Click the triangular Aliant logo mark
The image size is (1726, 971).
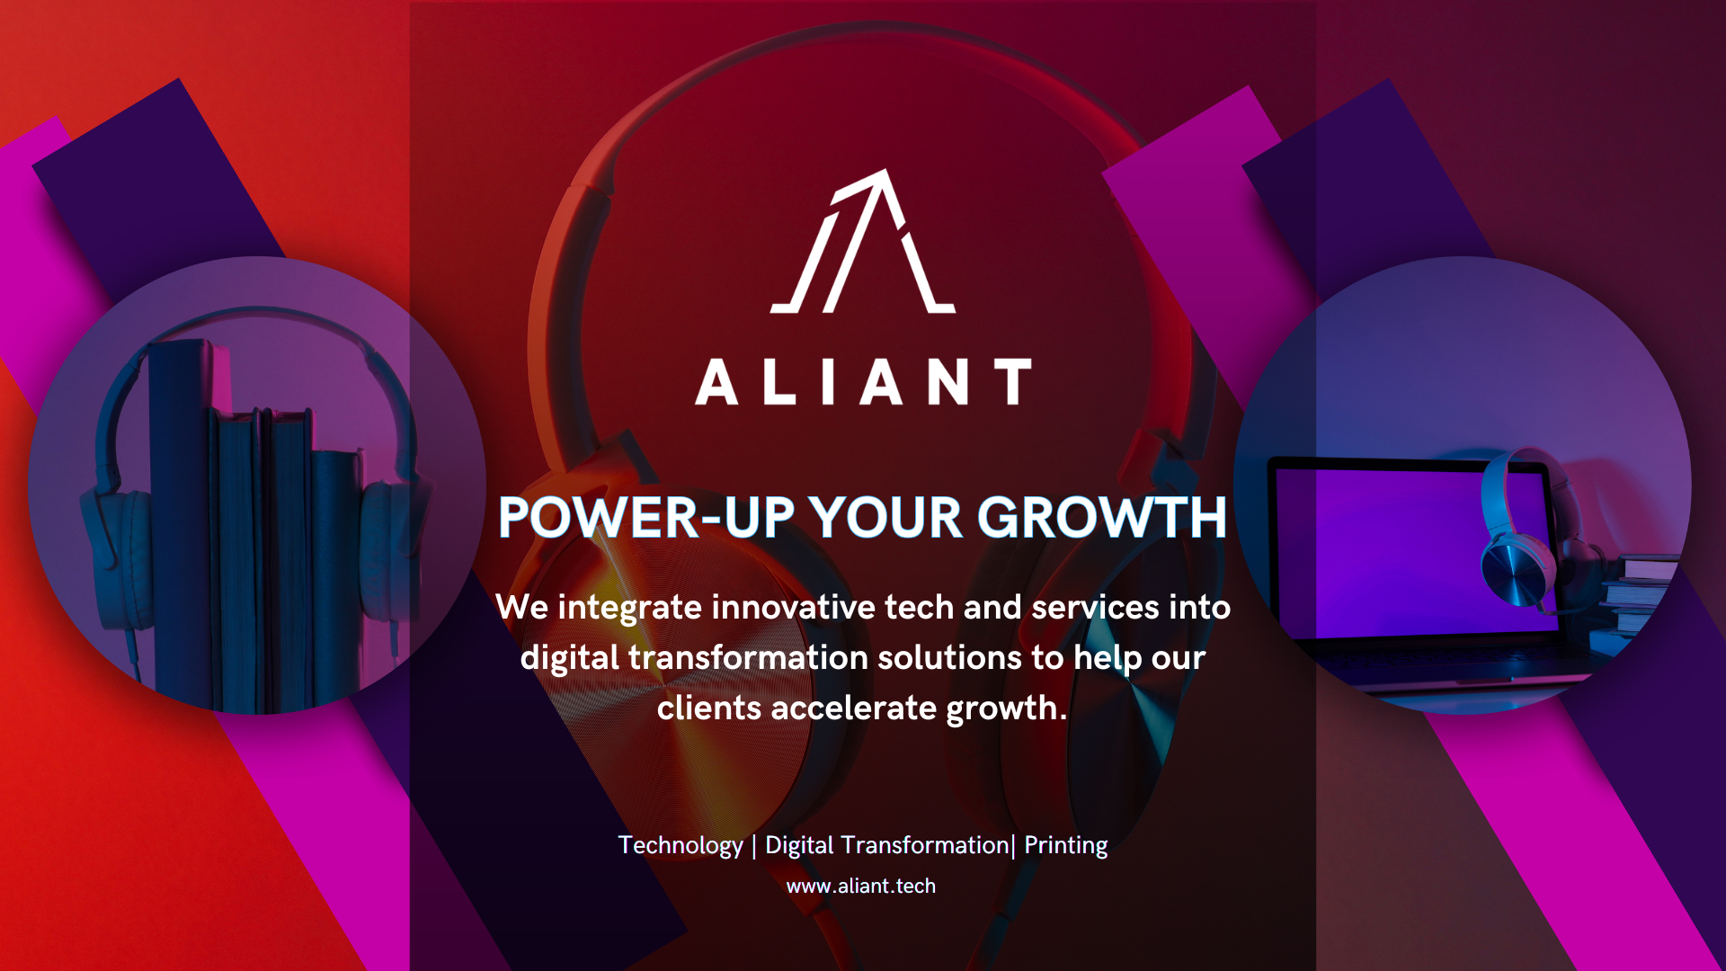pyautogui.click(x=863, y=241)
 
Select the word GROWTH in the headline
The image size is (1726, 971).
pyautogui.click(x=1101, y=518)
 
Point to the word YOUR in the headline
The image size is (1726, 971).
pyautogui.click(x=885, y=518)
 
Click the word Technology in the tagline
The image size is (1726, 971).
pyautogui.click(x=681, y=846)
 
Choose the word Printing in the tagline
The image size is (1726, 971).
pyautogui.click(x=1065, y=846)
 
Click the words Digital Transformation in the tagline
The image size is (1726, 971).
pyautogui.click(x=886, y=846)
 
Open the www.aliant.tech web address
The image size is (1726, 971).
pyautogui.click(x=861, y=886)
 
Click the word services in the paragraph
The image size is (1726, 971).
pyautogui.click(x=1095, y=608)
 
